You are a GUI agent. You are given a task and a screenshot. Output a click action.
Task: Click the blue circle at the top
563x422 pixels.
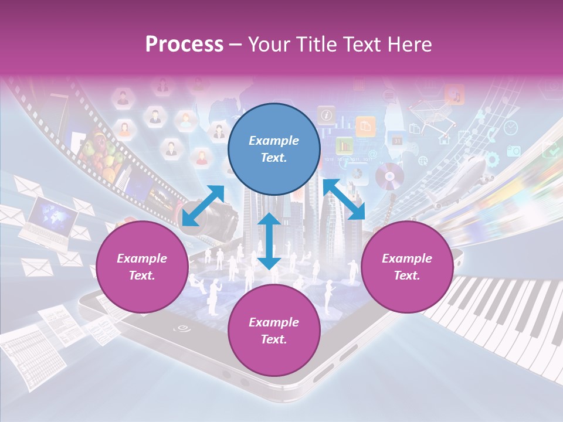pos(274,149)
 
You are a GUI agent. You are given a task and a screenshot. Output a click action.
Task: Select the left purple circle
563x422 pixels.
pos(142,267)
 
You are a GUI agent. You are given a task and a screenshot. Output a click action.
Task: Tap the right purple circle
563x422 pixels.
pos(407,267)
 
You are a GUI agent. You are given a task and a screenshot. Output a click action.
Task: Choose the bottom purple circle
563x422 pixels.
pos(274,330)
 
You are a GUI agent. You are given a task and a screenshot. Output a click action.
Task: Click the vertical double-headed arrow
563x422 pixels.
pos(269,241)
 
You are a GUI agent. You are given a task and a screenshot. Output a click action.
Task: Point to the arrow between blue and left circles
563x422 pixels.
pos(203,205)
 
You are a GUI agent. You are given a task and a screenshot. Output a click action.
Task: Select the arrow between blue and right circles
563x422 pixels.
pos(344,199)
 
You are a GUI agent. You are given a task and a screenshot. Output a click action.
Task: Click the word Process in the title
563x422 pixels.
pos(184,44)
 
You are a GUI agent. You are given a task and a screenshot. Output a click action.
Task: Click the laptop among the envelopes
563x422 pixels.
pos(50,220)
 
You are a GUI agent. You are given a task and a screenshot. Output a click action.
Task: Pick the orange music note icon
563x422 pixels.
pos(455,94)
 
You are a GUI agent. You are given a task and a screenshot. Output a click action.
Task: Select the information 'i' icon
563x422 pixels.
pos(326,114)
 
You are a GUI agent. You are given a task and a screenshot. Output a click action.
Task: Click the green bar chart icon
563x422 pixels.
pos(344,144)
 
